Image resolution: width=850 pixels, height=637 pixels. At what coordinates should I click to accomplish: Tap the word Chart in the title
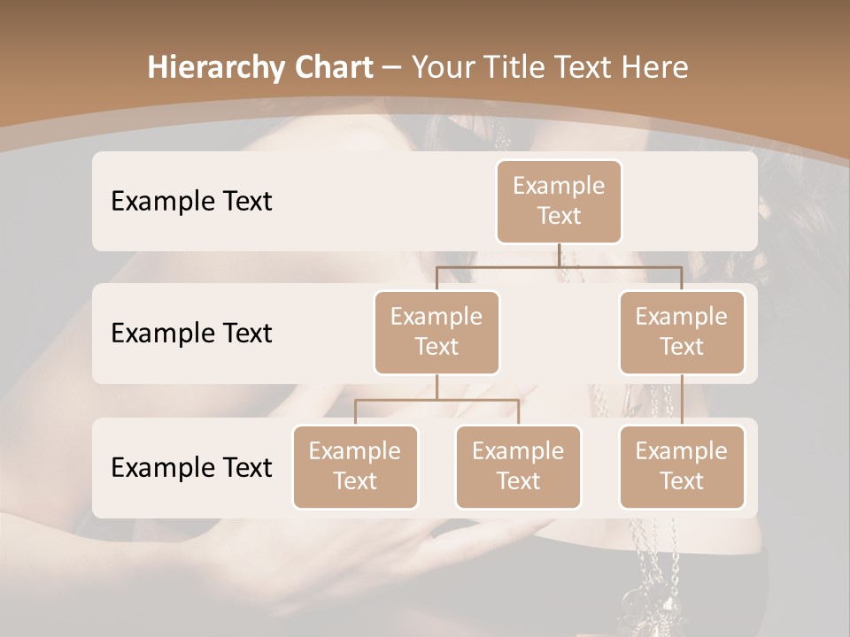point(329,68)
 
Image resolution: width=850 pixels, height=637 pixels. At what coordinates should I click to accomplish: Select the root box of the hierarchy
point(559,201)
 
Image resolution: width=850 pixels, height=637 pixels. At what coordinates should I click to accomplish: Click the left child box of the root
point(437,332)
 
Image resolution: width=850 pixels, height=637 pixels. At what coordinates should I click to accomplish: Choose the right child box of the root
point(682,332)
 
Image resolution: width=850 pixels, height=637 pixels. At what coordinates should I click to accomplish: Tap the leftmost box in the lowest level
point(355,466)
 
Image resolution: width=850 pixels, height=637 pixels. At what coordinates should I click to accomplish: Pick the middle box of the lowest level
point(518,466)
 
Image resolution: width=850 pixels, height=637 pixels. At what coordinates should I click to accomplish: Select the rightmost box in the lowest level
point(682,466)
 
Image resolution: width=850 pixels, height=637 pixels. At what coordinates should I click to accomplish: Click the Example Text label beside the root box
point(191,202)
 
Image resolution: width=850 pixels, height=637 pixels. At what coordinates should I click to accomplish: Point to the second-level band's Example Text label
point(191,334)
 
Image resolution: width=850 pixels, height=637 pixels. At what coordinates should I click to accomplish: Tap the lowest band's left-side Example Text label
point(191,468)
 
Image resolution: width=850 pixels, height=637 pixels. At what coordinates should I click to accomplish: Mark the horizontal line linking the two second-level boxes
point(559,266)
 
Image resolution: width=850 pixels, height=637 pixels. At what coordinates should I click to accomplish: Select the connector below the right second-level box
point(682,400)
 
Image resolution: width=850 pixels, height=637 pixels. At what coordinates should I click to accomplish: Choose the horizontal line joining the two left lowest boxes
point(437,400)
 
